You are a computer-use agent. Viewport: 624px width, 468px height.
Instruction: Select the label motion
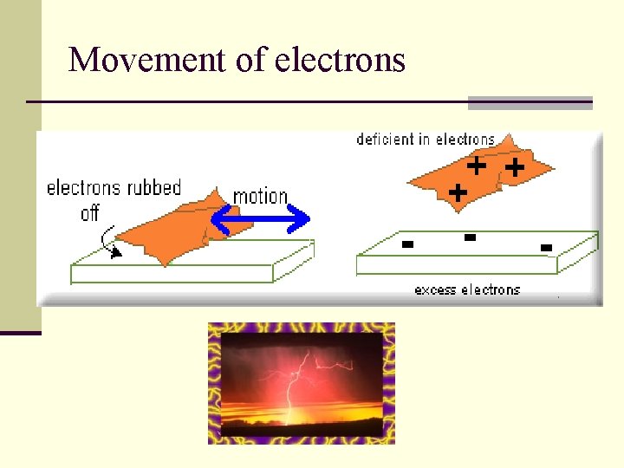pos(260,197)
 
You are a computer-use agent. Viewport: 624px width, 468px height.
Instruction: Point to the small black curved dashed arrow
pos(110,242)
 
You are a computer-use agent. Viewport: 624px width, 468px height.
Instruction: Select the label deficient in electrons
pos(426,140)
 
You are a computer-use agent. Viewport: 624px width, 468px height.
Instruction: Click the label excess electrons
pos(467,289)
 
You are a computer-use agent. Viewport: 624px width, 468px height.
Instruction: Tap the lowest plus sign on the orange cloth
pos(458,191)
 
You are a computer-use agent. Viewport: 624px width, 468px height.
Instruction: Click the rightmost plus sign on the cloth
pos(514,167)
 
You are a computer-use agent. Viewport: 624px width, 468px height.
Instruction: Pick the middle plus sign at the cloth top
pos(476,164)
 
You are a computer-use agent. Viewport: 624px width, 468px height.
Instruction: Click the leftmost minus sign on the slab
pos(406,244)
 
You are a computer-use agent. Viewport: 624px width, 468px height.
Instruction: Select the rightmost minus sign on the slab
pos(546,249)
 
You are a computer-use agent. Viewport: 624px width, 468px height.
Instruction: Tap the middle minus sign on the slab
pos(470,237)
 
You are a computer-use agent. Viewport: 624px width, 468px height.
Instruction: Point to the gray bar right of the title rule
pos(530,102)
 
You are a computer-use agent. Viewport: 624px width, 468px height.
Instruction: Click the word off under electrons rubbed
pos(90,212)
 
